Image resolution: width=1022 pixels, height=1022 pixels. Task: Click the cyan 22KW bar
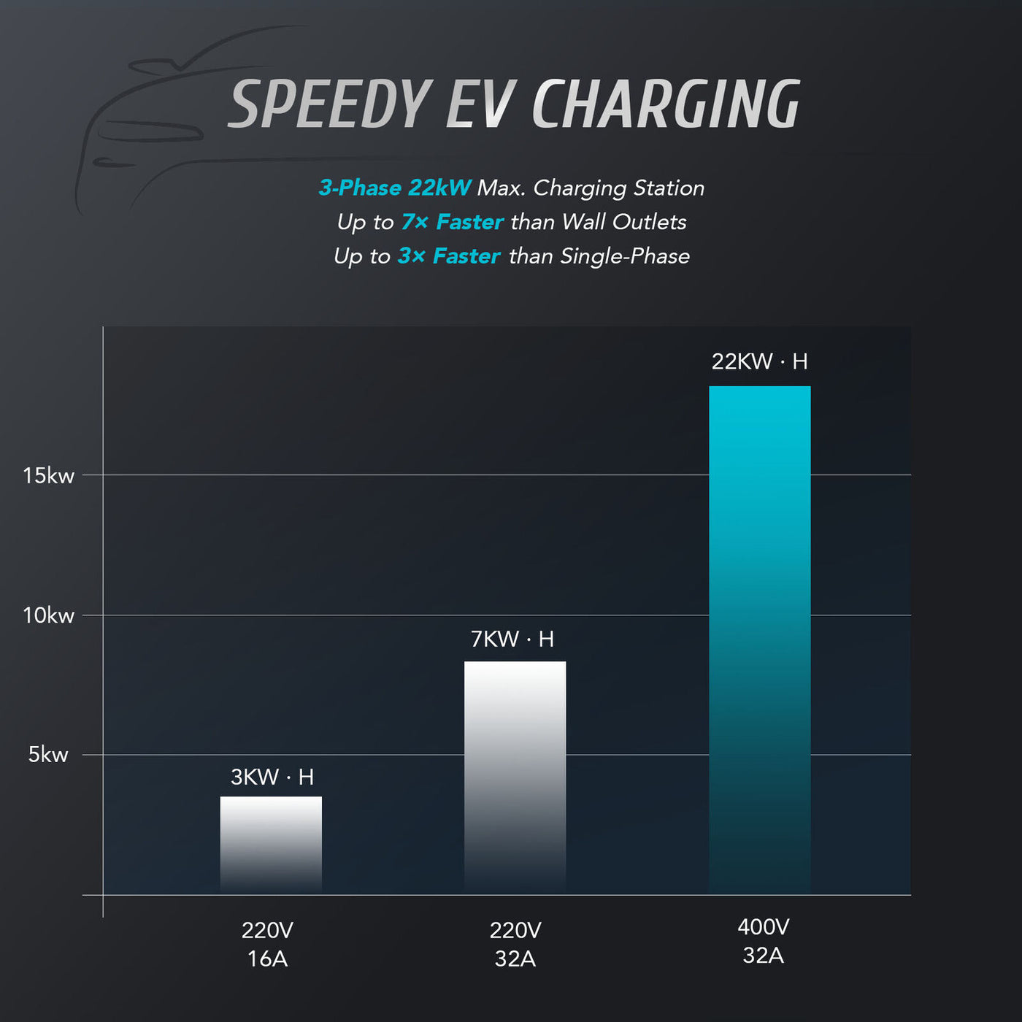pos(759,639)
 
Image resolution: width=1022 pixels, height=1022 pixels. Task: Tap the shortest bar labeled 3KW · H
pos(271,844)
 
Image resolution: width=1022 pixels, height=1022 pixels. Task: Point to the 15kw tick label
pos(48,476)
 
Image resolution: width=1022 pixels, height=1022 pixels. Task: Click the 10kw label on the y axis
pos(48,615)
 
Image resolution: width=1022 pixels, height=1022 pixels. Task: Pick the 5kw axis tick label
pos(48,755)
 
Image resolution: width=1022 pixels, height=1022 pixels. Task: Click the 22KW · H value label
pos(759,361)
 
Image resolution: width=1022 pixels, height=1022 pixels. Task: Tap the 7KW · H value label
pos(512,639)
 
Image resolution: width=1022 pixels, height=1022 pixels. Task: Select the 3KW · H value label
pos(272,777)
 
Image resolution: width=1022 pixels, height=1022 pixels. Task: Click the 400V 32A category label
pos(763,941)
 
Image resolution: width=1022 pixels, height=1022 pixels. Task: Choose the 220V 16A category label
pos(267,944)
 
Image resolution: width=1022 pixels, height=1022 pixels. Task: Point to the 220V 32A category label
pos(515,944)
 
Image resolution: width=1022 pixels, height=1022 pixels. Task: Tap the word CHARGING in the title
pos(666,104)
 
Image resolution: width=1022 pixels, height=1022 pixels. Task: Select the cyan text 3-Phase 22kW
pos(395,188)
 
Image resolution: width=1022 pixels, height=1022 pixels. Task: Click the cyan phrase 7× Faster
pos(453,222)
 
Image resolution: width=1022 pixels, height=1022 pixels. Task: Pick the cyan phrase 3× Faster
pos(449,256)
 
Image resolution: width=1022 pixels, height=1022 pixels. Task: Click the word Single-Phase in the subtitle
pos(625,256)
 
